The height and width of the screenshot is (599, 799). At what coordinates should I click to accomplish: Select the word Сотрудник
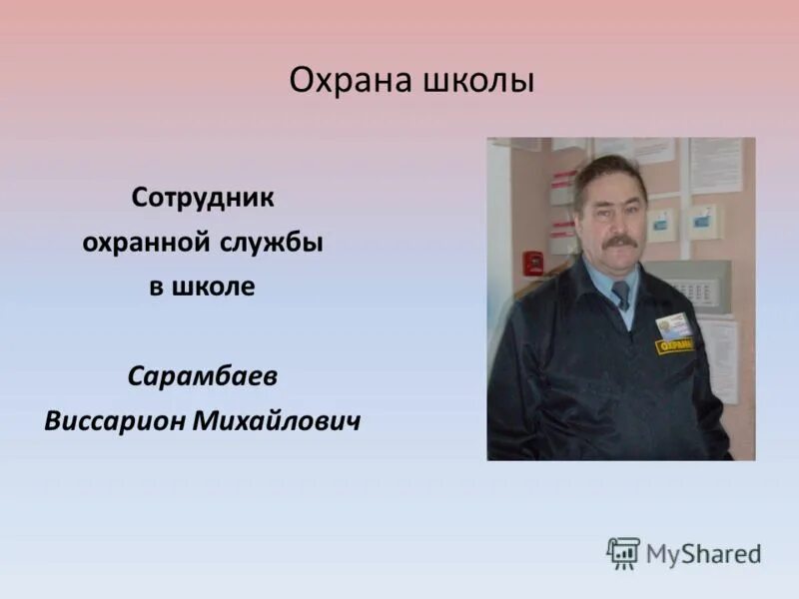coord(203,197)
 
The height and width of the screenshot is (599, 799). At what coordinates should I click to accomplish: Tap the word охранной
coord(143,243)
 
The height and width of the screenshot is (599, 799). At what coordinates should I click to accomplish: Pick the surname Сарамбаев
coord(203,377)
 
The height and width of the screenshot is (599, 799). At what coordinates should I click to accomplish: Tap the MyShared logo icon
coord(623,553)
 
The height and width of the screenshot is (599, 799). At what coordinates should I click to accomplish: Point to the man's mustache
coord(619,241)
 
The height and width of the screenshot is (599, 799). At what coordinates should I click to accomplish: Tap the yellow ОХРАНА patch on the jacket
coord(675,343)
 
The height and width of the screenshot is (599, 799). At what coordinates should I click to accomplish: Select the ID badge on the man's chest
coord(674,323)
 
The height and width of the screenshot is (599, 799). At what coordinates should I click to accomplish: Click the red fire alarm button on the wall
coord(534,264)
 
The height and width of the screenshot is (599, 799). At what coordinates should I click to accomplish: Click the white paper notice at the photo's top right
coord(716,166)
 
